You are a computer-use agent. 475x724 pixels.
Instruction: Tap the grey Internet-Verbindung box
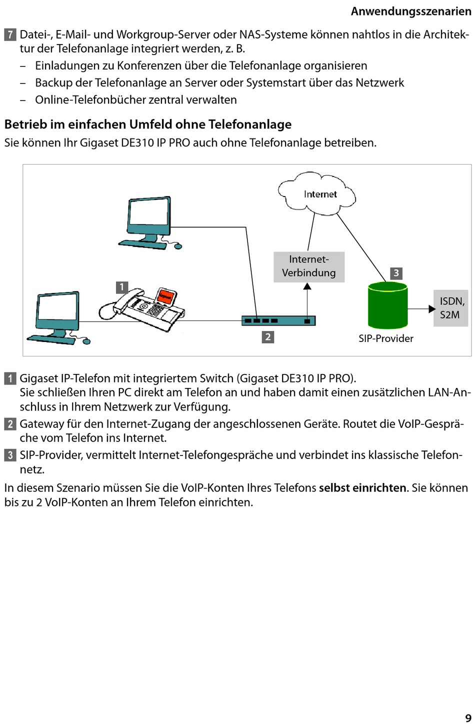(x=309, y=266)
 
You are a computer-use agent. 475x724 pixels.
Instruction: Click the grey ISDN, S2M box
(x=451, y=308)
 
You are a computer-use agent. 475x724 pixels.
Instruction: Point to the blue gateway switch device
(x=278, y=320)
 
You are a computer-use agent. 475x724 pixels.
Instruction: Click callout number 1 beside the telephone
(x=121, y=287)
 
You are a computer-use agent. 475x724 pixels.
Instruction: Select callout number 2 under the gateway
(x=267, y=337)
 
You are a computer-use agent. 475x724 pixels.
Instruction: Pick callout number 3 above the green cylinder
(x=396, y=273)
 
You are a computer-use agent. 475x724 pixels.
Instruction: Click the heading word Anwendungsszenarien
(x=411, y=11)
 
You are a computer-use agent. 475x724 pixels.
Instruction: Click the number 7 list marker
(x=10, y=35)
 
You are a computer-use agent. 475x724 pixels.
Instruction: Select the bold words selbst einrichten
(x=362, y=487)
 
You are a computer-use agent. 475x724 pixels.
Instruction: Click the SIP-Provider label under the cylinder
(x=386, y=338)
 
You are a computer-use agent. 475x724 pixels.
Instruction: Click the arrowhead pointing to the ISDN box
(x=432, y=309)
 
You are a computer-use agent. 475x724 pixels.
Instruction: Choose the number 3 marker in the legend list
(x=10, y=455)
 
